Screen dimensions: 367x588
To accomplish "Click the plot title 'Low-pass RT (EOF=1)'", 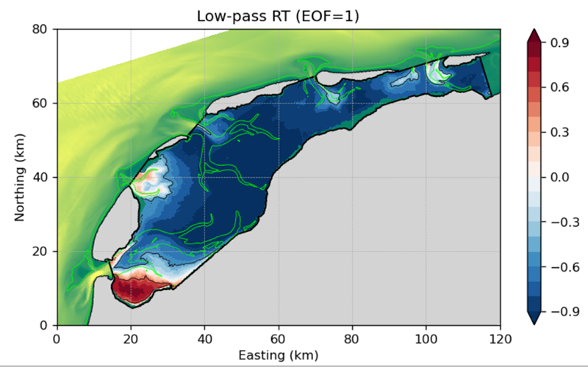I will coord(279,16).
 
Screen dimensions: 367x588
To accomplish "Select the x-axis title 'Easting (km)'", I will coord(279,355).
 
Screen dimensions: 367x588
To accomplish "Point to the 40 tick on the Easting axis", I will coord(204,338).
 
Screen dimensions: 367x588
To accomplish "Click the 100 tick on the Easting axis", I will coord(426,338).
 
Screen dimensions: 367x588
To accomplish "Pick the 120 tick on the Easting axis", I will coord(500,338).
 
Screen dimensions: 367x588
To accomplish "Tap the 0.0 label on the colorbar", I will coord(560,177).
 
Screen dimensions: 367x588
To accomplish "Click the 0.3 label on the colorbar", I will coord(560,133).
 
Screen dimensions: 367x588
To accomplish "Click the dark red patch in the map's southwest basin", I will coord(132,288).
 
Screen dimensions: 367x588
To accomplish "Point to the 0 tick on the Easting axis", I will coord(57,338).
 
